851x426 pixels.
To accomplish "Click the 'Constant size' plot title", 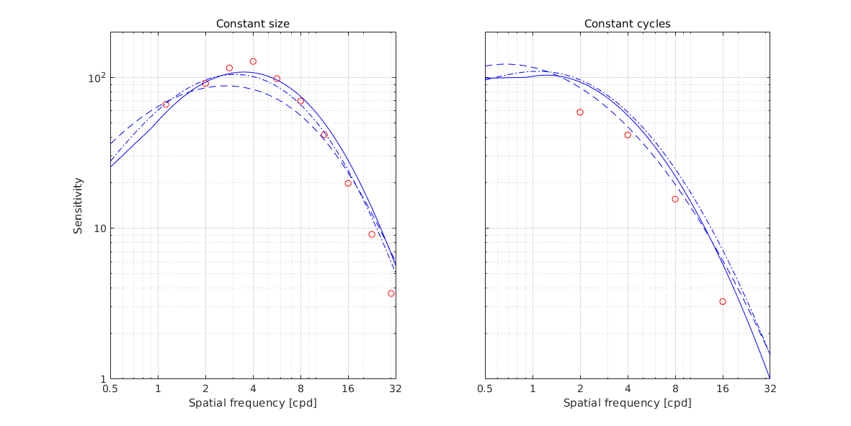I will [x=253, y=24].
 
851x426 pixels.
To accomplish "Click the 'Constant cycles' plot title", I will [x=627, y=24].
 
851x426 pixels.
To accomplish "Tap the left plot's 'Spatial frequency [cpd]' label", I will [x=253, y=402].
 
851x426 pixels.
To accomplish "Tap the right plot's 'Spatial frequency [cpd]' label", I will [x=627, y=402].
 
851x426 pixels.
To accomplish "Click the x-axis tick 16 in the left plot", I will [x=348, y=389].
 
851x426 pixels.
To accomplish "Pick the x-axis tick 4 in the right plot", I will [x=628, y=389].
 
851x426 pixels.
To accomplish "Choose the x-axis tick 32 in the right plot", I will [x=770, y=389].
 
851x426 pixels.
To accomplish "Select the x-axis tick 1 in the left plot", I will [x=158, y=389].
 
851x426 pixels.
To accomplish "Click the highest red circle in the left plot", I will [x=253, y=61].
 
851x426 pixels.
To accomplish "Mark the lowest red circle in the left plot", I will [x=391, y=293].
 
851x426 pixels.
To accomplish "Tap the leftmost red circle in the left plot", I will [x=166, y=105].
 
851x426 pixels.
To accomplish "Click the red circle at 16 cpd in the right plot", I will [x=723, y=301].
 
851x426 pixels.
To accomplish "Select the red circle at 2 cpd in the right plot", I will [x=580, y=112].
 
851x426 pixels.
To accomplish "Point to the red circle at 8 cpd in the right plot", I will [x=675, y=199].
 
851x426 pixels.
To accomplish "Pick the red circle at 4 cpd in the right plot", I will [x=628, y=135].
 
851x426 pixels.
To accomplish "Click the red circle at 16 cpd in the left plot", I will [x=348, y=183].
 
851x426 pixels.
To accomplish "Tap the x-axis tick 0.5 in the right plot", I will [x=485, y=389].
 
